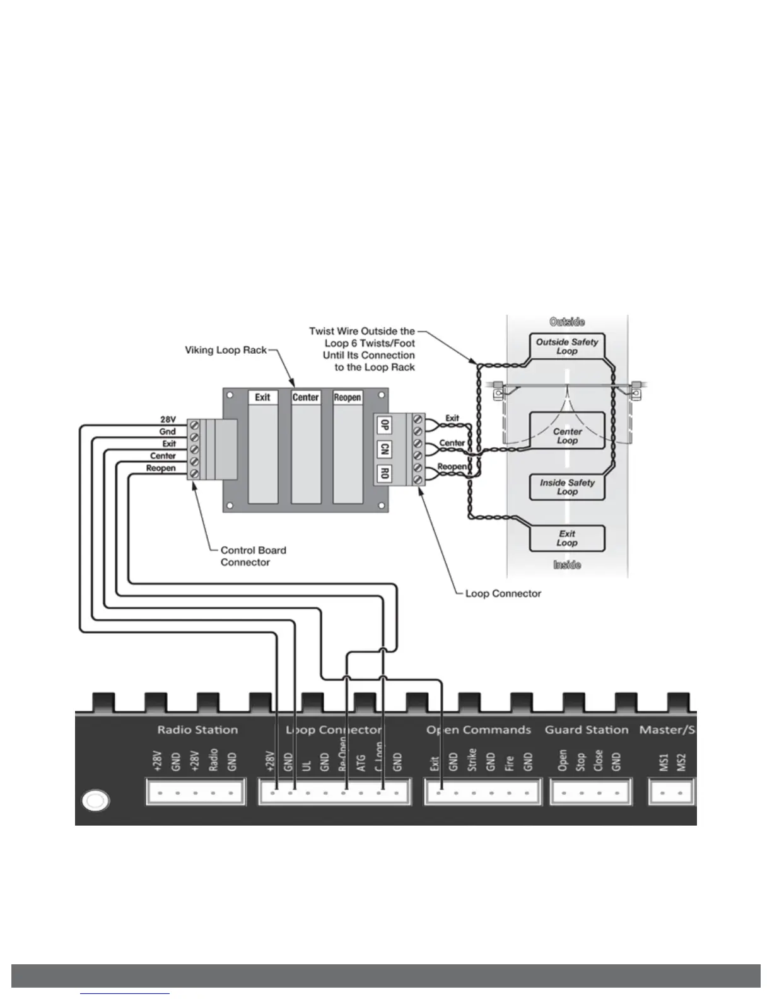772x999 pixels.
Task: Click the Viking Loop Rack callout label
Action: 226,349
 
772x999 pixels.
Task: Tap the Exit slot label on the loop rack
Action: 262,397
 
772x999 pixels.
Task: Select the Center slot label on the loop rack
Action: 305,397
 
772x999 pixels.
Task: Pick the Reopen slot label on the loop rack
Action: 347,397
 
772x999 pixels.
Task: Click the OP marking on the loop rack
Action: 383,425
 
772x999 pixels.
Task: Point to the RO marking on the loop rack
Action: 383,473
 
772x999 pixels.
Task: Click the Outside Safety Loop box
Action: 566,346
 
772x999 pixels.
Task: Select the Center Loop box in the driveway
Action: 566,436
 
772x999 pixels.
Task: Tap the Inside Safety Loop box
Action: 566,487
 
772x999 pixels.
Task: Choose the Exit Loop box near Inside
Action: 566,538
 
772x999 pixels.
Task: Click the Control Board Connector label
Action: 253,556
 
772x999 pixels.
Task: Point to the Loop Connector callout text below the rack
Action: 503,593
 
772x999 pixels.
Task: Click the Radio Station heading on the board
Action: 197,730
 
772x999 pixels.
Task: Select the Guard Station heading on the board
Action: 587,730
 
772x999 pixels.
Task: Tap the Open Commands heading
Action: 479,730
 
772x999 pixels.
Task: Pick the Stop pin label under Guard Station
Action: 580,762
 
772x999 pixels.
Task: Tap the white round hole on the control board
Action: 96,801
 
